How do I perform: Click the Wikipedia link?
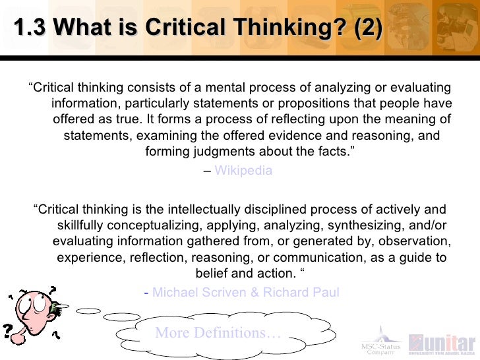243,170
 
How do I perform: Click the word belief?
213,273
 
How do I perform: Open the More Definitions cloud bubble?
218,333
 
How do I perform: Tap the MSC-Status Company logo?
378,340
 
